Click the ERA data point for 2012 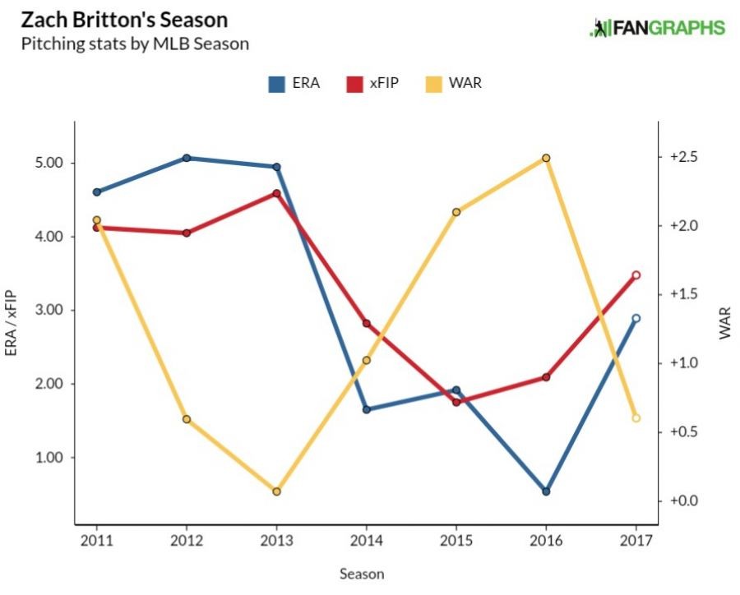187,158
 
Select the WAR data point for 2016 546,158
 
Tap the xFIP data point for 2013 276,194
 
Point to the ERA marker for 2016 546,491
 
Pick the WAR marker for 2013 276,491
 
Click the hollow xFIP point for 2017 636,275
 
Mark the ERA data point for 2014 367,409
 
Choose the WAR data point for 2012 187,419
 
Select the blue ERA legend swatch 277,83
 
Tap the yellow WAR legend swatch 432,83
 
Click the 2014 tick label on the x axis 367,540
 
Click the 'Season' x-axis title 362,574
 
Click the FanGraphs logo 658,28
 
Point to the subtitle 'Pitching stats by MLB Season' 135,44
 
